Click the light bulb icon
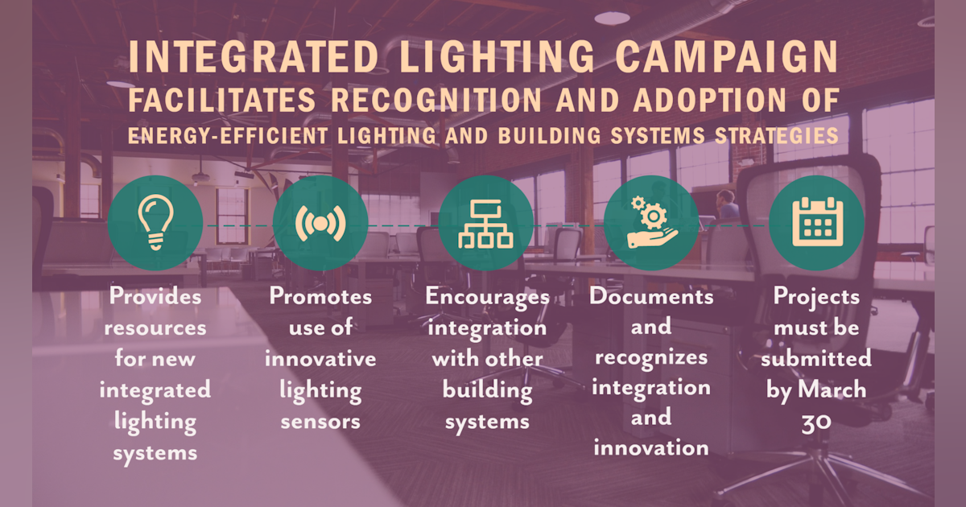[x=155, y=222]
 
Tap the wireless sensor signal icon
[x=320, y=224]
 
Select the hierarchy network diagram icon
[x=485, y=224]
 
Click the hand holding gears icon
[x=651, y=222]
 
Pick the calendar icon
[x=818, y=222]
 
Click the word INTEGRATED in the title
[x=254, y=57]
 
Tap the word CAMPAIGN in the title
[x=727, y=57]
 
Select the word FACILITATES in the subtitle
[x=222, y=100]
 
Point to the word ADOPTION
[x=710, y=100]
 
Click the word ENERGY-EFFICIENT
[x=228, y=136]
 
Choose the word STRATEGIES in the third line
[x=777, y=136]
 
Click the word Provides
[x=155, y=296]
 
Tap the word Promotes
[x=320, y=297]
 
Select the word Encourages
[x=487, y=298]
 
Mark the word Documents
[x=651, y=297]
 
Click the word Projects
[x=816, y=298]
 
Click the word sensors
[x=320, y=422]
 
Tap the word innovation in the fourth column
[x=651, y=447]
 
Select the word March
[x=832, y=390]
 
